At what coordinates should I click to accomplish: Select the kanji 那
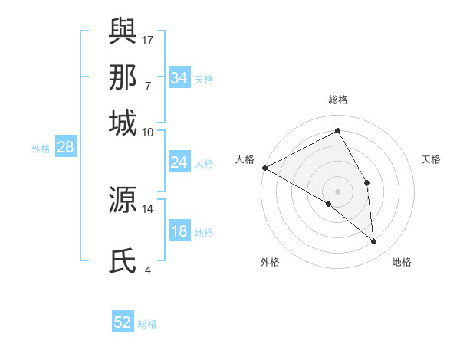[123, 77]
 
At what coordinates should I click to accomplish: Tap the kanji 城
[123, 123]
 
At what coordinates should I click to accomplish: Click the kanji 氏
[123, 261]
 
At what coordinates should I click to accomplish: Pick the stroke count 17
[148, 39]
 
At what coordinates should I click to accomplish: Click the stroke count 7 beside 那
[147, 86]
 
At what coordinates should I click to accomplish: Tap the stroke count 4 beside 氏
[147, 270]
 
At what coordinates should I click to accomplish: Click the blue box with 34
[179, 78]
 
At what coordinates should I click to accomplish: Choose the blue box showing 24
[179, 162]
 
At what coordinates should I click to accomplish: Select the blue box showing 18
[179, 232]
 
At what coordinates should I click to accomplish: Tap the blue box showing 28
[65, 148]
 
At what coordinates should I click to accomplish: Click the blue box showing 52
[123, 322]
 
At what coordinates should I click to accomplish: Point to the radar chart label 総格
[338, 100]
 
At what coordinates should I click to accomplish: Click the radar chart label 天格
[431, 159]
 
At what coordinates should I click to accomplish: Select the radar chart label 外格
[270, 262]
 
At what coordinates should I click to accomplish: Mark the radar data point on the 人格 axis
[264, 168]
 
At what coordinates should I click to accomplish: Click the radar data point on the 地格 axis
[373, 241]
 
